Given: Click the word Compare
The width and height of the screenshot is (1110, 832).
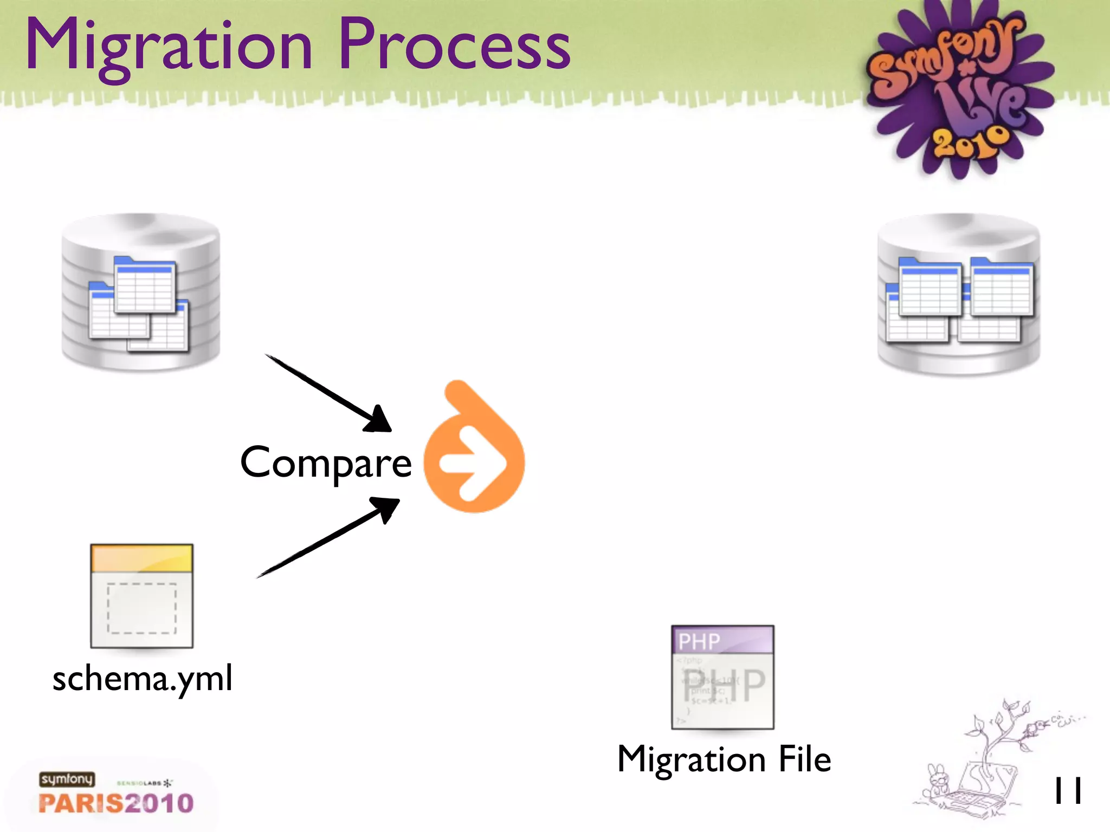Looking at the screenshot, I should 326,463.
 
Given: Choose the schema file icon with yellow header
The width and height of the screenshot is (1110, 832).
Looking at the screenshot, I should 141,596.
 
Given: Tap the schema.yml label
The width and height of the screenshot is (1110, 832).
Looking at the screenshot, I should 143,679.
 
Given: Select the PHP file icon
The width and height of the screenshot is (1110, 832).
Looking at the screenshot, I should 722,677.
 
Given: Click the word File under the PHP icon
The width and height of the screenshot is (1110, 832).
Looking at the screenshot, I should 804,759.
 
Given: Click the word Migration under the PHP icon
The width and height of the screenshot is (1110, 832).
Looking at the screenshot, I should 691,759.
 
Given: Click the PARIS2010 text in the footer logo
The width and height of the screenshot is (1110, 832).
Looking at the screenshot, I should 116,803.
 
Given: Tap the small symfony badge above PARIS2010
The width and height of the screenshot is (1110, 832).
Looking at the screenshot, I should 67,779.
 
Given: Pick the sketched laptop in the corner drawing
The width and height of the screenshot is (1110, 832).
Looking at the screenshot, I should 984,791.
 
